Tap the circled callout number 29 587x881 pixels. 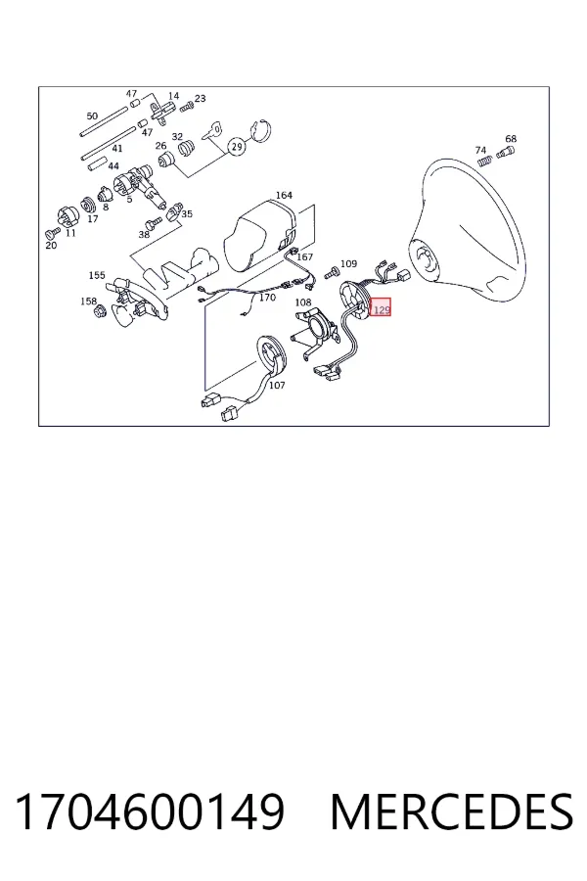[x=237, y=147]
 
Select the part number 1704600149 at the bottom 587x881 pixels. [x=150, y=811]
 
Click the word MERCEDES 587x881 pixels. [x=452, y=811]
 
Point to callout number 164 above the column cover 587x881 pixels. [x=284, y=195]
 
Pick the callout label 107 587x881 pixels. [x=277, y=385]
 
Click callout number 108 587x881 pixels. [x=302, y=302]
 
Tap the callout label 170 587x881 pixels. [x=267, y=297]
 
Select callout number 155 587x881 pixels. [x=97, y=275]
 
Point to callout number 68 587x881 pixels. [x=511, y=138]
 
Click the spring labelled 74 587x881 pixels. [x=486, y=161]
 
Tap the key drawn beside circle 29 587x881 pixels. [x=211, y=131]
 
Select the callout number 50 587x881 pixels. [x=92, y=116]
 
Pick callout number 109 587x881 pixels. [x=348, y=263]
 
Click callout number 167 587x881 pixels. [x=304, y=256]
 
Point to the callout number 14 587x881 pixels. [x=173, y=96]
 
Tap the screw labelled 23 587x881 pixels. [x=186, y=105]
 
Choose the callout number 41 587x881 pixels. [x=116, y=149]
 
